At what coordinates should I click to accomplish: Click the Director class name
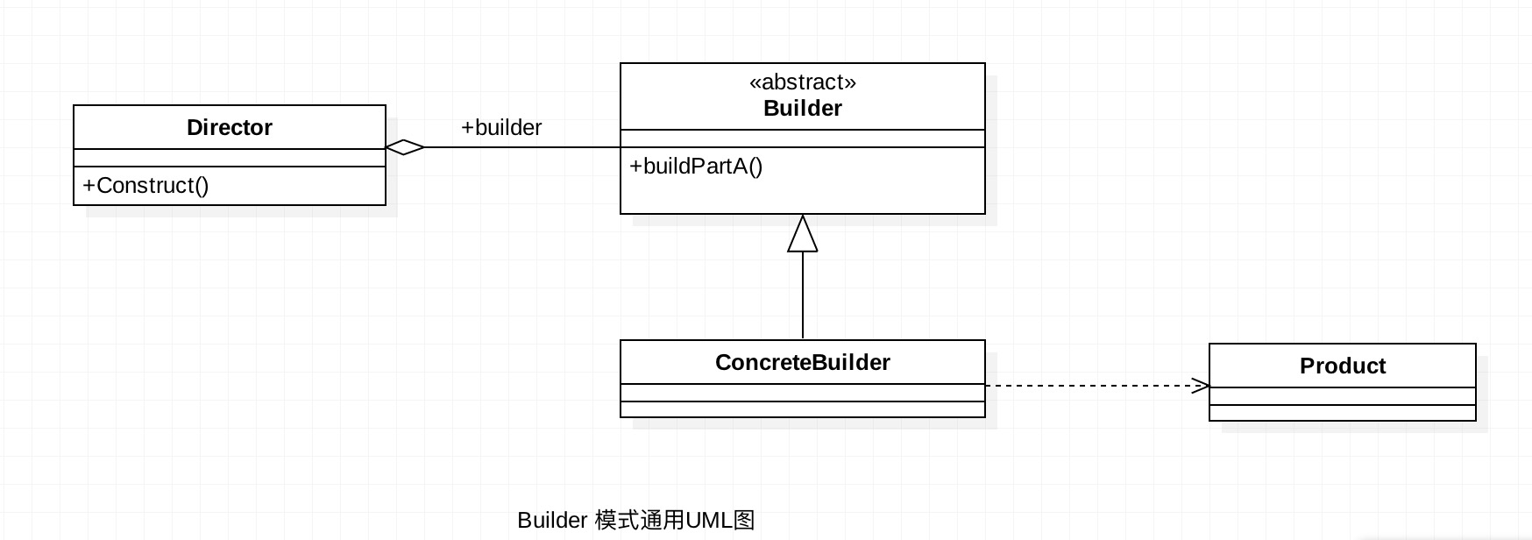click(x=229, y=128)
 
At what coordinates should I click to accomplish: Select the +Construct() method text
click(x=145, y=186)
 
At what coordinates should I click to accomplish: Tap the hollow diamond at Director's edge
click(x=405, y=147)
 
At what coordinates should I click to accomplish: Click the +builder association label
click(x=501, y=128)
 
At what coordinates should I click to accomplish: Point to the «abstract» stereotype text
click(x=802, y=82)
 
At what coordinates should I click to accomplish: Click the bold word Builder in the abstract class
click(x=802, y=109)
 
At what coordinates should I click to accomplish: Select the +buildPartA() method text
click(x=696, y=167)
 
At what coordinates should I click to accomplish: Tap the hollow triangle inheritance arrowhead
click(x=802, y=235)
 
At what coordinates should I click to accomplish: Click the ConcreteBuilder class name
click(x=802, y=363)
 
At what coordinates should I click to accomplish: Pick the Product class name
click(x=1342, y=366)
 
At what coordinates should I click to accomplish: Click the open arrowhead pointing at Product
click(x=1201, y=386)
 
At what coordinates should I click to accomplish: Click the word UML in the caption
click(x=708, y=521)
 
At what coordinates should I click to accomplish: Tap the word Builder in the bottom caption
click(x=551, y=521)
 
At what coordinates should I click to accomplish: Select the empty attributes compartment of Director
click(x=229, y=158)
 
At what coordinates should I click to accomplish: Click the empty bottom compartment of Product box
click(x=1342, y=413)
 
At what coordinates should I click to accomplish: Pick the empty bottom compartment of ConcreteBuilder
click(x=802, y=409)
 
